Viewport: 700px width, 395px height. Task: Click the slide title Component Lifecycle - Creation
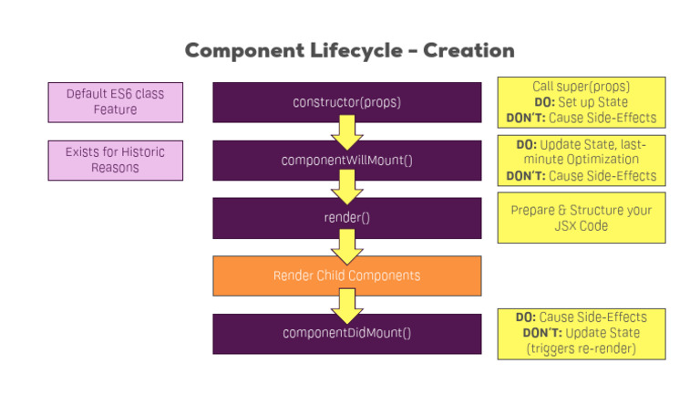(x=349, y=50)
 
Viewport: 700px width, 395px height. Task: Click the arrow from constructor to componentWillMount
(x=346, y=130)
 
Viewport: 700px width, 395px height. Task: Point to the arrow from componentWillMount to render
(x=346, y=188)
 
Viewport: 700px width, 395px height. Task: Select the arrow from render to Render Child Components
(x=346, y=246)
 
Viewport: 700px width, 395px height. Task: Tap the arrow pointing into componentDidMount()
(x=346, y=305)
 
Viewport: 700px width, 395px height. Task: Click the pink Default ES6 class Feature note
(x=115, y=101)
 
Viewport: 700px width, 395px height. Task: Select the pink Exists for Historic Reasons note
(x=115, y=160)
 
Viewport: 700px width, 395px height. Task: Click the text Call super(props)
(x=581, y=87)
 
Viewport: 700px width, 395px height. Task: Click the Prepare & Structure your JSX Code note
(x=581, y=217)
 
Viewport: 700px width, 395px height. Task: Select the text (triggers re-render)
(x=581, y=348)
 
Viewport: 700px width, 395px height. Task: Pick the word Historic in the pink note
(x=146, y=152)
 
